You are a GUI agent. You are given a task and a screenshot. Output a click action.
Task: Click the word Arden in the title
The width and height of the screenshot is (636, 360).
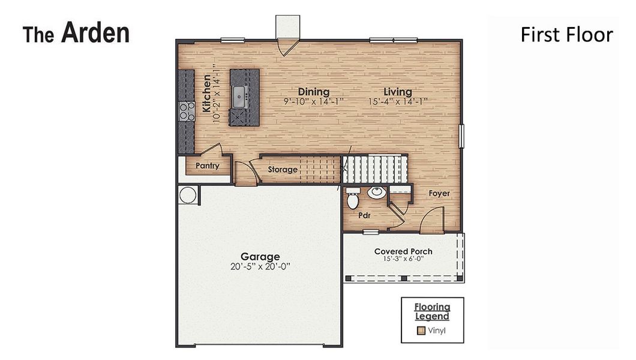[95, 33]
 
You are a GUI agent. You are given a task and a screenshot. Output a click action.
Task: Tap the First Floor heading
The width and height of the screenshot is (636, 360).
[566, 35]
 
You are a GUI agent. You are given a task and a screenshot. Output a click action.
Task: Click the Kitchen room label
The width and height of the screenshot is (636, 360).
[206, 94]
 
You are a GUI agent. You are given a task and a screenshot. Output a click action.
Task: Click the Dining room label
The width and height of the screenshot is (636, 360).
[314, 92]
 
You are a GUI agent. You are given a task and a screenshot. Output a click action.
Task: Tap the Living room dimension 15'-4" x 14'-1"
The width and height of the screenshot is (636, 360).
[398, 101]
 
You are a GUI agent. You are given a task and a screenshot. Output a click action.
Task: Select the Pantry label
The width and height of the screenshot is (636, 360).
[207, 166]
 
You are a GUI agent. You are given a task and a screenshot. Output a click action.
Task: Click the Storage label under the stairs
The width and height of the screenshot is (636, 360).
[283, 170]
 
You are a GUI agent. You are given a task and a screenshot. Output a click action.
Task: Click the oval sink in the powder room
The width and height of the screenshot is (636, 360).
[376, 193]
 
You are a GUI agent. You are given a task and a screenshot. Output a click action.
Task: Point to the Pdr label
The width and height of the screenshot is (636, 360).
[364, 214]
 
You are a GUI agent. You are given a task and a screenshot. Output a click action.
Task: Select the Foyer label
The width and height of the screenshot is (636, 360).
[439, 194]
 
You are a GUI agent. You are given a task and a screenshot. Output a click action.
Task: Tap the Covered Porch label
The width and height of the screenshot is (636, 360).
[403, 251]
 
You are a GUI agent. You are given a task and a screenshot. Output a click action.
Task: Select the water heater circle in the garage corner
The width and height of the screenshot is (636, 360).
[187, 195]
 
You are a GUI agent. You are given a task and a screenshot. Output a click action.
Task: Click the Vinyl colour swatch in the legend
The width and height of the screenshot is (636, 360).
[421, 330]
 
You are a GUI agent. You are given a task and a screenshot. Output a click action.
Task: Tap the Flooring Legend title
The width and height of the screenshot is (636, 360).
[431, 312]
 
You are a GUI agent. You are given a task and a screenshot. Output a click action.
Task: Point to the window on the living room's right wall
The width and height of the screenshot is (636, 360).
[461, 135]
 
